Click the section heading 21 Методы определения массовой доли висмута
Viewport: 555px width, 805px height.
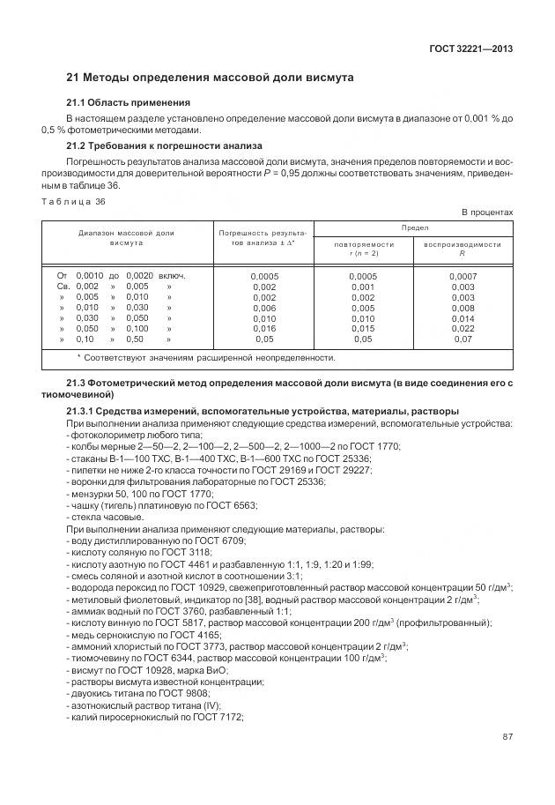coord(211,78)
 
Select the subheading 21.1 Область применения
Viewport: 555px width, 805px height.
coord(129,103)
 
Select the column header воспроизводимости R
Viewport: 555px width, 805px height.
coord(462,249)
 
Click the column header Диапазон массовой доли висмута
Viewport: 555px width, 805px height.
coord(127,238)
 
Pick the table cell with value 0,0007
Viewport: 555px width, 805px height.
coord(462,276)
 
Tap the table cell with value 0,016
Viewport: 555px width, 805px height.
coord(264,327)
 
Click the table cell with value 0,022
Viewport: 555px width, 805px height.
coord(462,327)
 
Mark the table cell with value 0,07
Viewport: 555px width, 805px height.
coord(462,339)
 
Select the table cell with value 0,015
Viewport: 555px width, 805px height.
coord(363,327)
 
